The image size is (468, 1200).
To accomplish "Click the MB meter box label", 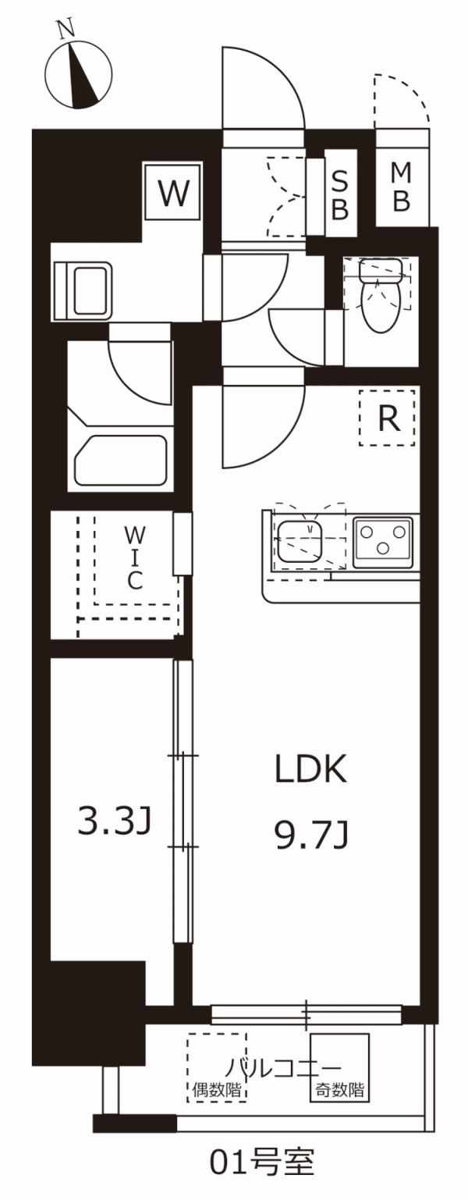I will pos(401,187).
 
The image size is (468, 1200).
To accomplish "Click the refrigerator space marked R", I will pos(388,418).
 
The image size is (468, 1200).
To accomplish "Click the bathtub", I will pos(121,461).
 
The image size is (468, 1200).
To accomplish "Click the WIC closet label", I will pos(135,557).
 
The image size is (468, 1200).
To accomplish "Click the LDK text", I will pos(309,771).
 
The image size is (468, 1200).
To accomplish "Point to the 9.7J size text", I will pos(310,837).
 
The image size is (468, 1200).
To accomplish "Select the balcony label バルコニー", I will pos(284,1068).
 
